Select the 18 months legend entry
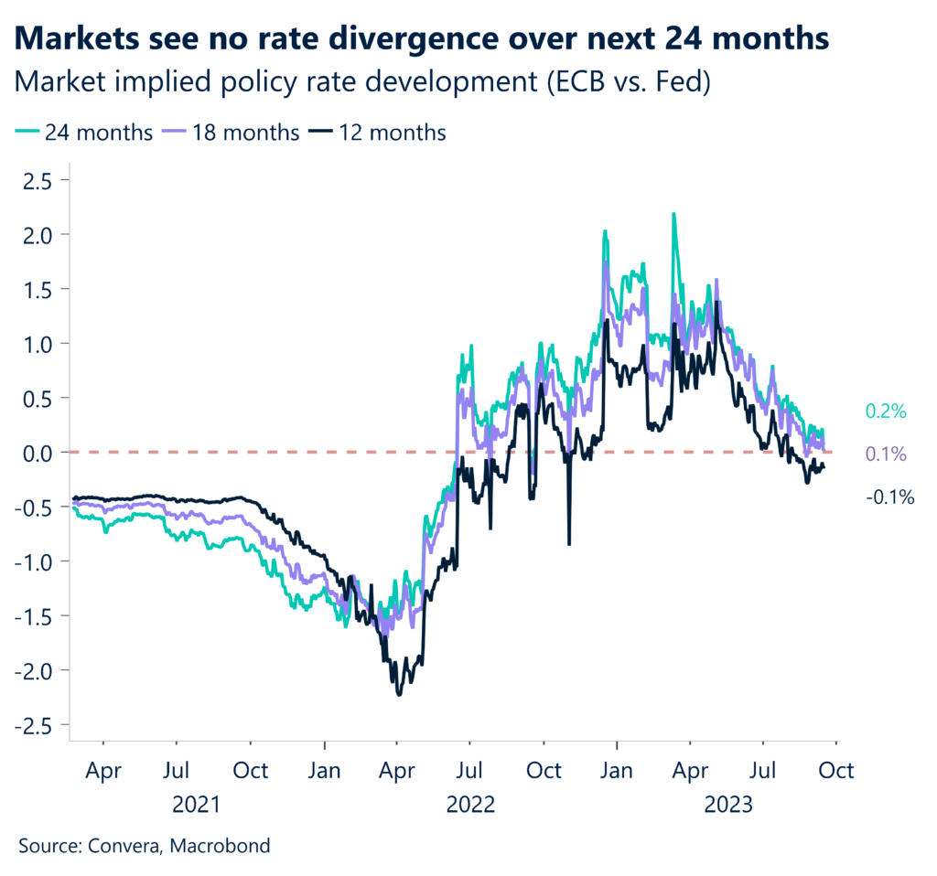(233, 133)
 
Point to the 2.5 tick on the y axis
(38, 180)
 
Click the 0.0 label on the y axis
(38, 453)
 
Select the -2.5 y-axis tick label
(33, 725)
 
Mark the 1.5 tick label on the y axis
(38, 289)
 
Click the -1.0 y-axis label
(33, 561)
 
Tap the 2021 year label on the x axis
(197, 806)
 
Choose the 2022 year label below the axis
(470, 806)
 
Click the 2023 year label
(727, 806)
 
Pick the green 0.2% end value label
(885, 412)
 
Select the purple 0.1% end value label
(885, 454)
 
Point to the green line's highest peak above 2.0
(673, 215)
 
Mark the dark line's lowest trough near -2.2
(399, 694)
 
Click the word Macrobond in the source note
(224, 846)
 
